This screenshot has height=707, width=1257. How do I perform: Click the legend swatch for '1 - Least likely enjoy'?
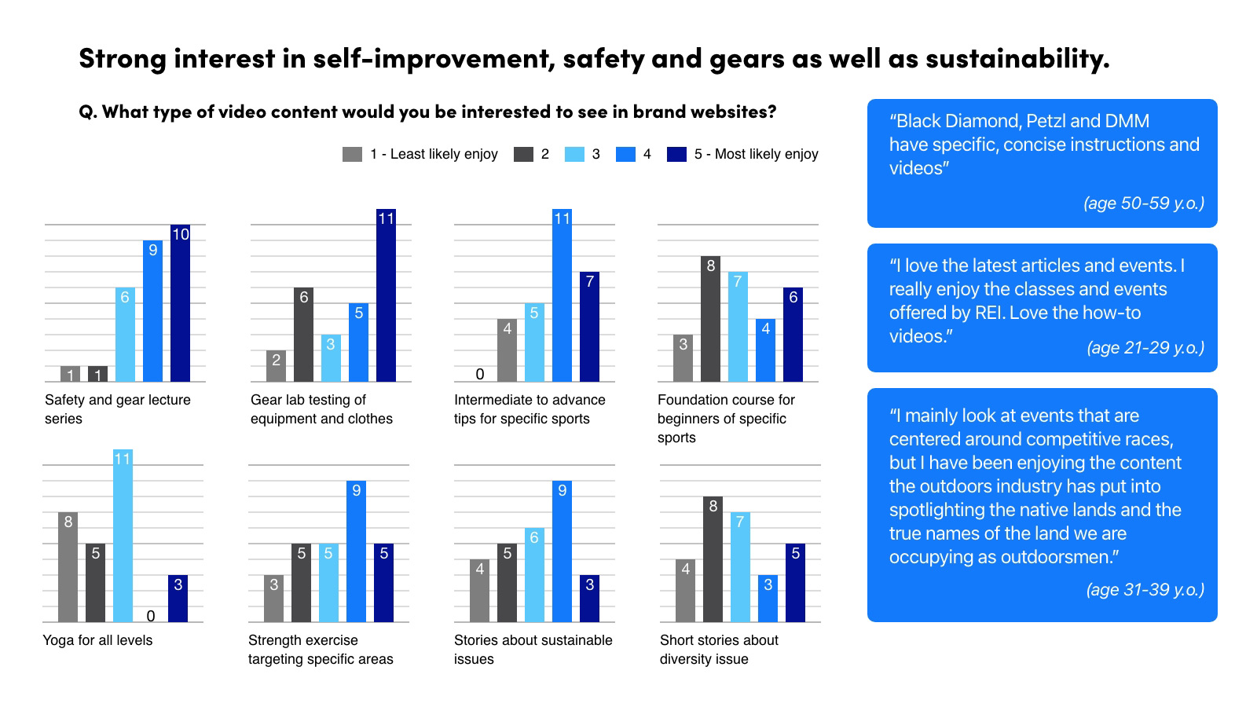click(x=352, y=154)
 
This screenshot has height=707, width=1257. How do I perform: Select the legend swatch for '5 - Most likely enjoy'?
click(x=676, y=154)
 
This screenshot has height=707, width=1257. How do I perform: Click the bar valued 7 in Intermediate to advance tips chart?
click(x=589, y=328)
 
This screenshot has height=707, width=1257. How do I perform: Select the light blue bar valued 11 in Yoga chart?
click(x=123, y=538)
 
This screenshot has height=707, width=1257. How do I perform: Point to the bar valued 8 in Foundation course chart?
click(x=710, y=321)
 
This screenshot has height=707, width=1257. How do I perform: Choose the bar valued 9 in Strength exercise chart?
click(x=356, y=554)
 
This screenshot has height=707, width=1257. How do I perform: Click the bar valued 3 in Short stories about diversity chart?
click(x=768, y=600)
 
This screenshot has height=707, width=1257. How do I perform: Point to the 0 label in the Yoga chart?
click(x=151, y=616)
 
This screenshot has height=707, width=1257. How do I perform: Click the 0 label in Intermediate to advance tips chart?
click(x=480, y=374)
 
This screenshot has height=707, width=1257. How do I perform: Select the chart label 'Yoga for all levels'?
click(x=97, y=640)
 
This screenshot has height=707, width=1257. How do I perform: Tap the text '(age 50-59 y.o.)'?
click(x=1143, y=203)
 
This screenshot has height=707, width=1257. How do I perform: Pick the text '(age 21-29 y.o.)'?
click(x=1145, y=347)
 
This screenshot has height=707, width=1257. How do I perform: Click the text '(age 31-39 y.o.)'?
click(x=1145, y=589)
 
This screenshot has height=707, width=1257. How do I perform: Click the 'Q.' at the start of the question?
click(x=88, y=112)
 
